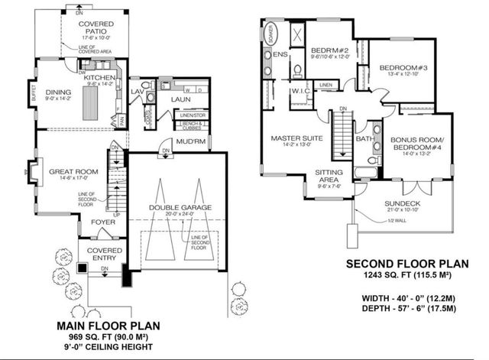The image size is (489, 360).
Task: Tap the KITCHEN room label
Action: pos(99,78)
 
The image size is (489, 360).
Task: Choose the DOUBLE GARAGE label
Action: pos(180,207)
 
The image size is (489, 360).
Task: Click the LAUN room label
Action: pos(180,99)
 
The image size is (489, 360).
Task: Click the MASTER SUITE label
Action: pos(288,138)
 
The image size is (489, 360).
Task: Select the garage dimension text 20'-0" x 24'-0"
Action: pos(180,215)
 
